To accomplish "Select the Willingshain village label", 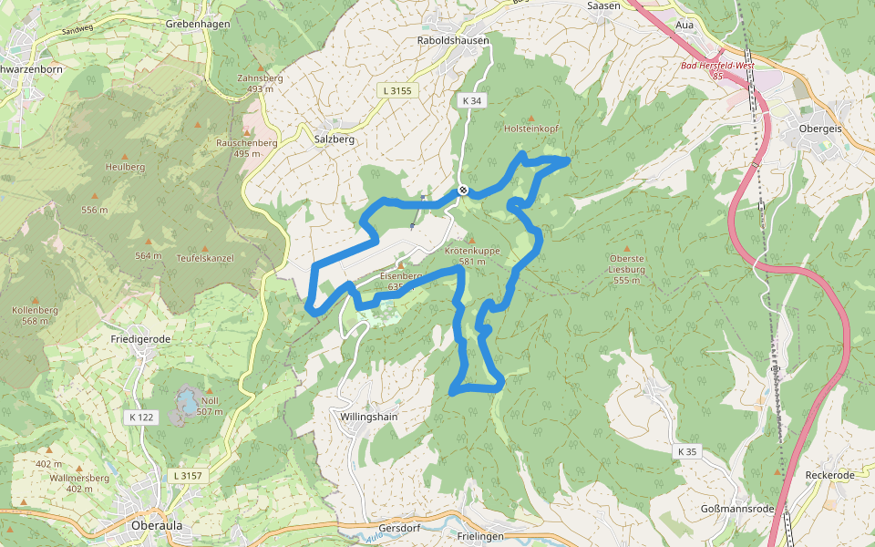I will tap(369, 416).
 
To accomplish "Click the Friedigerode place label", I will tap(140, 338).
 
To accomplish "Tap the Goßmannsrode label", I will tap(737, 508).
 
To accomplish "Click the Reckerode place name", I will tap(830, 475).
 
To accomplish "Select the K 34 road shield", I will tap(470, 101).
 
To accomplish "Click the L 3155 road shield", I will tap(396, 90).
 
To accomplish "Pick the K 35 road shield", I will tap(686, 451).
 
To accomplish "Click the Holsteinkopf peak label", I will tap(531, 129).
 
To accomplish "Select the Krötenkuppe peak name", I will tap(472, 250).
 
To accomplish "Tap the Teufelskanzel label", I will tap(205, 258).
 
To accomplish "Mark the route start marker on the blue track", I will tap(463, 190).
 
